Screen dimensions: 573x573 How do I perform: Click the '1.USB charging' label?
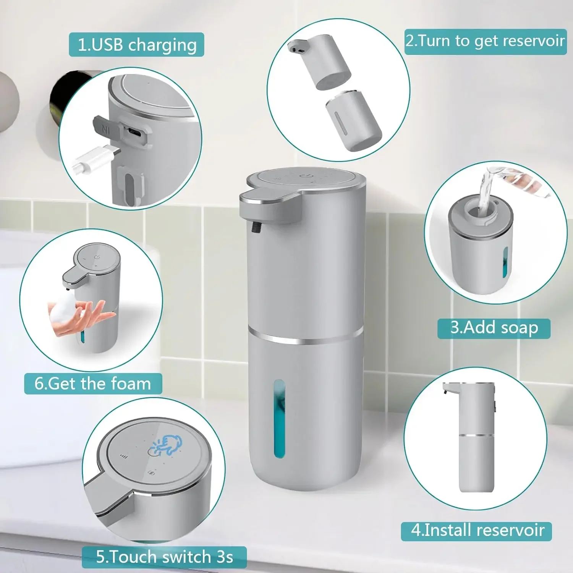tap(136, 45)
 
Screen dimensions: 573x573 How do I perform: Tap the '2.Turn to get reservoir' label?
tap(485, 41)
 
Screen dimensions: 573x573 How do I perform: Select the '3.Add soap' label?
tap(494, 328)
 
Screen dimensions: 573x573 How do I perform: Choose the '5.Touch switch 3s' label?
tap(164, 557)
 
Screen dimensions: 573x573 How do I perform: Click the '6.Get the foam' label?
tap(93, 384)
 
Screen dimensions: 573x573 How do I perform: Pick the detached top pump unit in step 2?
tap(321, 61)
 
